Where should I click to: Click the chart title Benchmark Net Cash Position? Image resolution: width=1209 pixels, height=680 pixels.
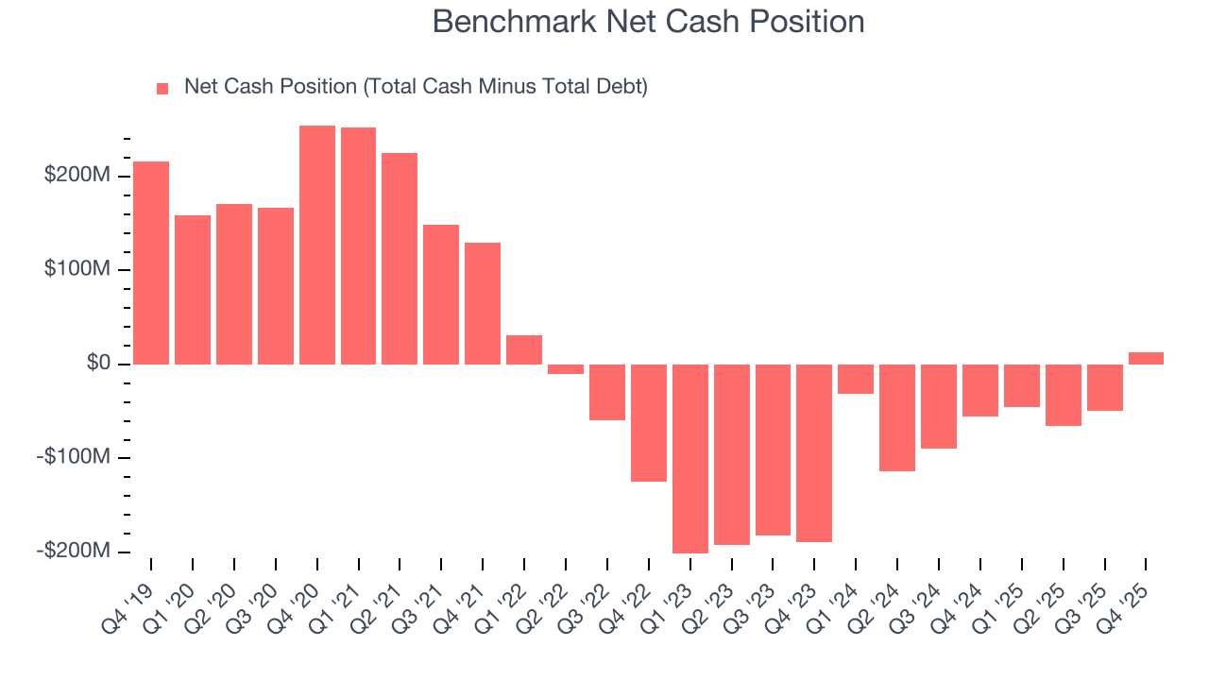click(648, 22)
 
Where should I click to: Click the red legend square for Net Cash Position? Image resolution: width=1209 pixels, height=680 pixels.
click(162, 88)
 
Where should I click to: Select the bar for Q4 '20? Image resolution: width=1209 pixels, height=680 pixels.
click(317, 246)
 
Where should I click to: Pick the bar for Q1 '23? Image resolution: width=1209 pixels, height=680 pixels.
click(690, 458)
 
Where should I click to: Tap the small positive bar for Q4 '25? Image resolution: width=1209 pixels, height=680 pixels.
click(1146, 358)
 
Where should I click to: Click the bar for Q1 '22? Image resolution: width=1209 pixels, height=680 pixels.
click(524, 349)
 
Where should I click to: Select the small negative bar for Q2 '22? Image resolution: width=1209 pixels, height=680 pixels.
click(566, 369)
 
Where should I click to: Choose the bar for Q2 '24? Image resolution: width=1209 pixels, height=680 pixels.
click(897, 417)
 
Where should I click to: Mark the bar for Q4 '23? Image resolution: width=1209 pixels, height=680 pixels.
click(814, 453)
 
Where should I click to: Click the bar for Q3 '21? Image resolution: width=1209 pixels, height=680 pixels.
click(441, 295)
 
